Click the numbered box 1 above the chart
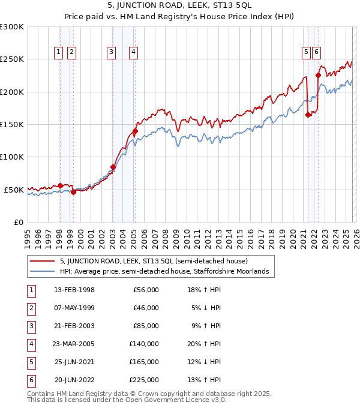[x=59, y=52]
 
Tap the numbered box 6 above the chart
[x=316, y=52]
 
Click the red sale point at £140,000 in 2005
[x=135, y=131]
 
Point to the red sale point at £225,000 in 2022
[x=318, y=76]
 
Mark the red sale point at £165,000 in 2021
[x=308, y=115]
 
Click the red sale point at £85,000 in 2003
[x=113, y=167]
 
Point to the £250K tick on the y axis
[x=13, y=59]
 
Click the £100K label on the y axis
[x=13, y=157]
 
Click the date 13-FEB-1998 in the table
[x=74, y=290]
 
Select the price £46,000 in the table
[x=146, y=308]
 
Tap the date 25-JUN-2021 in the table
[x=74, y=362]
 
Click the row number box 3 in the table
[x=31, y=326]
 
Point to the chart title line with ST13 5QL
[x=179, y=6]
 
